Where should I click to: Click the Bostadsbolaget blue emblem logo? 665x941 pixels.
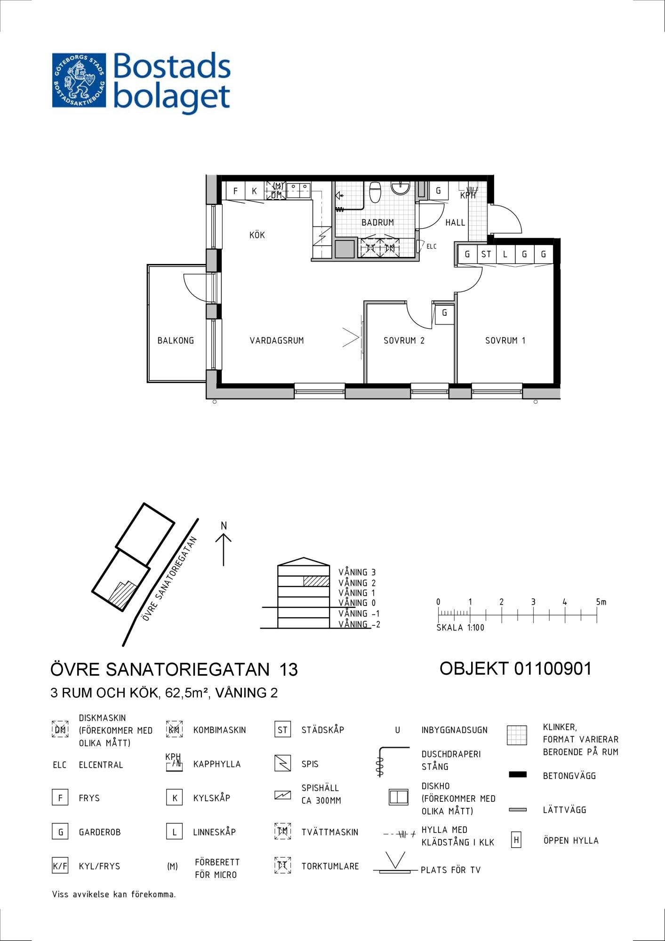[79, 80]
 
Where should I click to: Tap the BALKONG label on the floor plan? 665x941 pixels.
[176, 341]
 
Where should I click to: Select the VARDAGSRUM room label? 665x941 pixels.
[277, 341]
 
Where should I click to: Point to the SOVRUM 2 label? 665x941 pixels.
[404, 341]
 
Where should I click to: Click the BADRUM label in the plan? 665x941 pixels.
[377, 223]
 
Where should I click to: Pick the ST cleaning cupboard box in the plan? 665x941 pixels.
[486, 255]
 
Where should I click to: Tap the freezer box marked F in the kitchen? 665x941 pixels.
[235, 191]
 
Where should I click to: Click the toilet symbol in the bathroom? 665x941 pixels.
[375, 191]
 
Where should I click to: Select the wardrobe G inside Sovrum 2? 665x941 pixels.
[444, 313]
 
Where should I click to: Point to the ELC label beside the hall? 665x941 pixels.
[432, 247]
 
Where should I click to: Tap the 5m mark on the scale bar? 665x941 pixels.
[601, 602]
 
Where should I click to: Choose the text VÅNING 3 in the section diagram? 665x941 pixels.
[357, 573]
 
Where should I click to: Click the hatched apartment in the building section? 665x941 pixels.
[316, 581]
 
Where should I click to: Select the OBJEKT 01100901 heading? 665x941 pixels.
[515, 669]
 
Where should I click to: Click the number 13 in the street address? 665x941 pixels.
[288, 670]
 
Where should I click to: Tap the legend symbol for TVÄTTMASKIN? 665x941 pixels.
[282, 832]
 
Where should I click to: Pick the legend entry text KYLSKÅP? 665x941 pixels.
[212, 798]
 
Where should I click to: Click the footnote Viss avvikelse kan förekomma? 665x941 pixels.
[114, 894]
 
